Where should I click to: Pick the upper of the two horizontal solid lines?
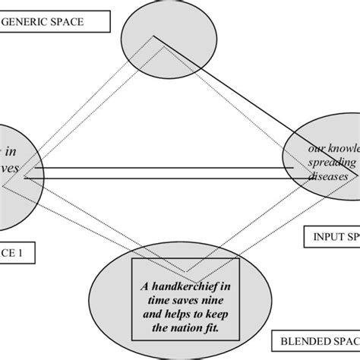[x=159, y=168]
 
